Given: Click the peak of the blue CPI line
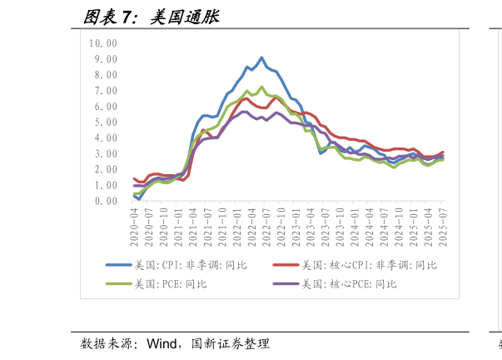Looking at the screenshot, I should (x=261, y=57).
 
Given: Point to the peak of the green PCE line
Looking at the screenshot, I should (x=261, y=87).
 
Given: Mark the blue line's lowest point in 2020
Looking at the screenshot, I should (x=139, y=199).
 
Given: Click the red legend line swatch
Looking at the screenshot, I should (x=285, y=265).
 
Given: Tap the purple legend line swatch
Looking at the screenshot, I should (x=285, y=284).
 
